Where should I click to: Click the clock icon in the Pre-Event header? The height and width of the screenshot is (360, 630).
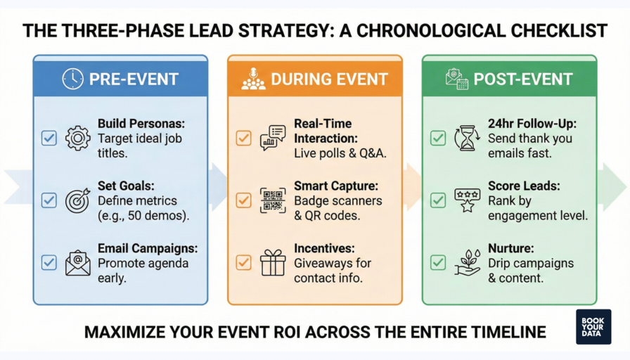72,79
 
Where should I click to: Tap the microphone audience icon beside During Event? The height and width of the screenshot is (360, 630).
253,79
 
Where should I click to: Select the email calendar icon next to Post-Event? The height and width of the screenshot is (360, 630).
456,79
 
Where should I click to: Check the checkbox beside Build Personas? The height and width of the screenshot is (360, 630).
49,138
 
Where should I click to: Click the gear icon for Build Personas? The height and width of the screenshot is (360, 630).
77,138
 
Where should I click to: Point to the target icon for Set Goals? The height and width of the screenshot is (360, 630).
77,200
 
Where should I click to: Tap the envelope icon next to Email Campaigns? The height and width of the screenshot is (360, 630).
77,263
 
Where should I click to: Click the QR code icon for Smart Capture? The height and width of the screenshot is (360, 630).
273,200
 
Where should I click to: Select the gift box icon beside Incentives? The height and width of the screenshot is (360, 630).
273,263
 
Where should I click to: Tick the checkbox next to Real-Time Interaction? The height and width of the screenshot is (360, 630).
244,138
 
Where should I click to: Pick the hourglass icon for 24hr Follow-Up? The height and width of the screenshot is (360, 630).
467,138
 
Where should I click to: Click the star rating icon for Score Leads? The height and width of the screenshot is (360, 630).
467,200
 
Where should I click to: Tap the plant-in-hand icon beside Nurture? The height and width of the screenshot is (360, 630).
467,263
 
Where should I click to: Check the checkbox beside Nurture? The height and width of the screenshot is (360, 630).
438,263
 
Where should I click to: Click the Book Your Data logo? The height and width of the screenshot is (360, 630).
593,326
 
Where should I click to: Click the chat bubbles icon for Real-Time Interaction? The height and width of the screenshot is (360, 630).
273,138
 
